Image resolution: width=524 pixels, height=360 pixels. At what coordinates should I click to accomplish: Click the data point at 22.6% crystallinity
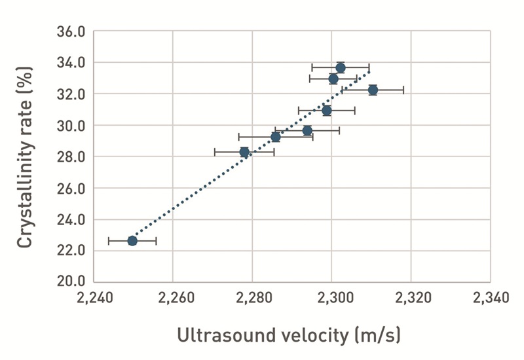tap(132, 241)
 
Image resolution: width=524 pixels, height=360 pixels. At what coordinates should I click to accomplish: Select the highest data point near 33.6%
tap(341, 67)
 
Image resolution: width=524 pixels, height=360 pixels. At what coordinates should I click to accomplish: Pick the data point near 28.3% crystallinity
tap(244, 153)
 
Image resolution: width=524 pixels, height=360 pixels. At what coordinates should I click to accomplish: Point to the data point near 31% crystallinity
tap(327, 111)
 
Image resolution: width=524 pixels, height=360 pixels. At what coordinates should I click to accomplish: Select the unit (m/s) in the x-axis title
tap(376, 336)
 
